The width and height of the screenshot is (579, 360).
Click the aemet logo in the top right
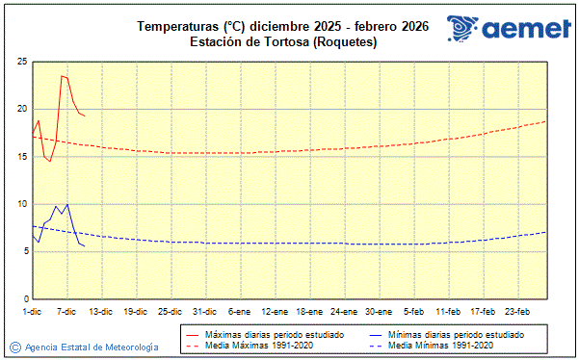[506, 29]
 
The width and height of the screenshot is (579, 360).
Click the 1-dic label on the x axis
[32, 311]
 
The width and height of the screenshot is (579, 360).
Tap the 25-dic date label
[171, 311]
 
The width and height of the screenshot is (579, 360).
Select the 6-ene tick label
[240, 311]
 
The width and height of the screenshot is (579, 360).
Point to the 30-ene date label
[379, 311]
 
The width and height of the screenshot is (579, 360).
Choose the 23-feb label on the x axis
[517, 311]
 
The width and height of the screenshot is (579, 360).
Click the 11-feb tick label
[448, 311]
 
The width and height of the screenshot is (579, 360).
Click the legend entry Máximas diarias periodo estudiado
[275, 334]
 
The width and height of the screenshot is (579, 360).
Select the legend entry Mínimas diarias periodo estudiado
[454, 334]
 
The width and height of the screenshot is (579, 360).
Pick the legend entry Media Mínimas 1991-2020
[442, 345]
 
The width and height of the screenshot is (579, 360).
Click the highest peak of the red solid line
[62, 76]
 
